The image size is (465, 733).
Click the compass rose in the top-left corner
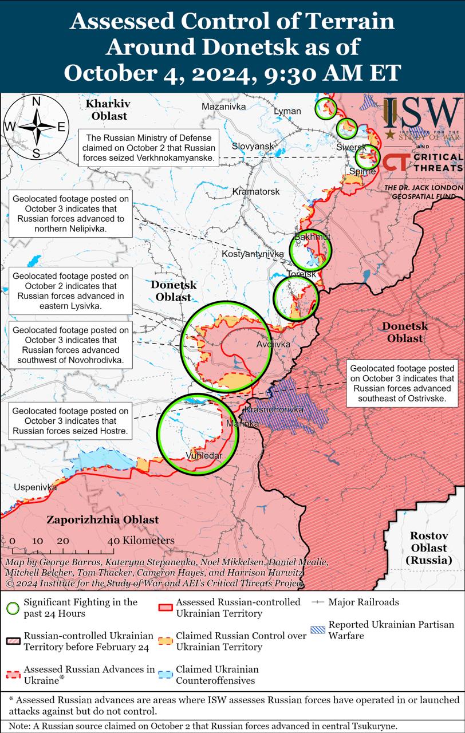coord(36,127)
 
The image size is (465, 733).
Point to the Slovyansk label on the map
coord(253,147)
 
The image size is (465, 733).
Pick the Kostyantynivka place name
coord(253,253)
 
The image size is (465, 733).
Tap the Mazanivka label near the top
coord(223,107)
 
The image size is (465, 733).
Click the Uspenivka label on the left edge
coord(36,487)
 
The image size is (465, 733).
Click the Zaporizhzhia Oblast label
coord(103,520)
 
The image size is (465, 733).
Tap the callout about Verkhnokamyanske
coord(148,147)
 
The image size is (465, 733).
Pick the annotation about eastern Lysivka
coord(70,291)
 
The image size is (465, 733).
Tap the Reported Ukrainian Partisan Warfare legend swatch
coord(318,630)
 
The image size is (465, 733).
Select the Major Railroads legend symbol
coord(318,602)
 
